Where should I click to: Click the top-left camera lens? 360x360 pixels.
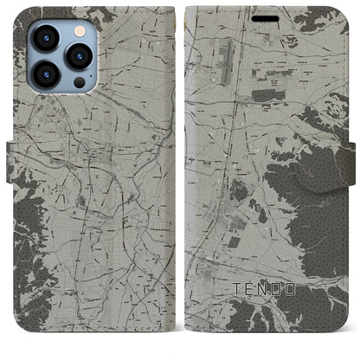click(44, 38)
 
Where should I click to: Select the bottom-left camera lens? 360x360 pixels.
click(44, 76)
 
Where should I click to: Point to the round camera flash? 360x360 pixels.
click(80, 32)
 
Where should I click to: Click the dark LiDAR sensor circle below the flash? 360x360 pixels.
click(80, 83)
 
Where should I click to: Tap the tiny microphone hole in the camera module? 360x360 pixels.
click(62, 58)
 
